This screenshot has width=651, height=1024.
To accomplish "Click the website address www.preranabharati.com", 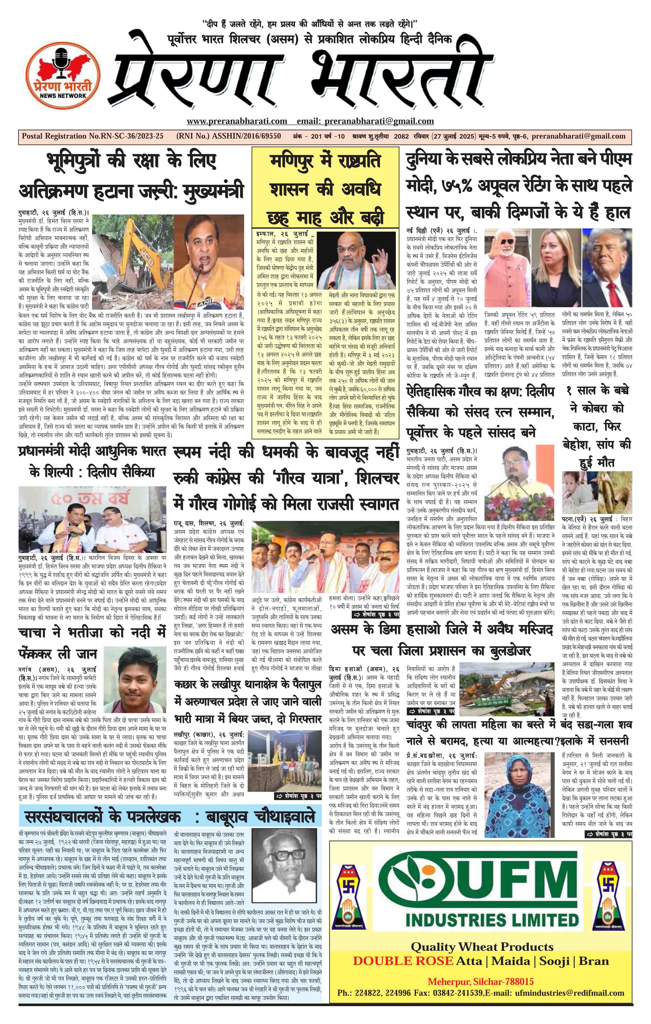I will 237,121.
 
